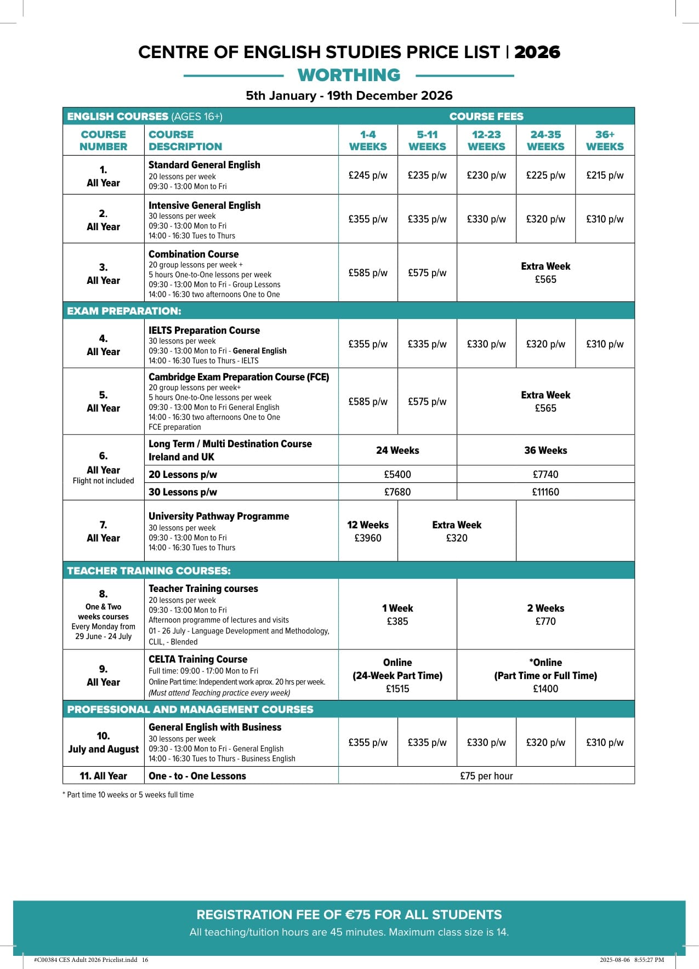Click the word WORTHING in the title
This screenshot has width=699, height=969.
[x=349, y=75]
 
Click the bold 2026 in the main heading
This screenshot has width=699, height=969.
[x=537, y=52]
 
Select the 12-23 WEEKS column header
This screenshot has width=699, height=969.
[x=486, y=140]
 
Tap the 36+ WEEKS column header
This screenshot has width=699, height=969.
[x=605, y=140]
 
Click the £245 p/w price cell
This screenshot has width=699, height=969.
[x=368, y=175]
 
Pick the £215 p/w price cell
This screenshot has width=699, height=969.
[x=605, y=175]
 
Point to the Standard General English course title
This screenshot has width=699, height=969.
[x=204, y=165]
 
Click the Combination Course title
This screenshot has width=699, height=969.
[x=194, y=254]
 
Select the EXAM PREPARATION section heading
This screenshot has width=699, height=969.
[x=124, y=311]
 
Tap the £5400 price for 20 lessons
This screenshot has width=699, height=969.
[x=397, y=475]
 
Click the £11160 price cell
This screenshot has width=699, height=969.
[x=545, y=492]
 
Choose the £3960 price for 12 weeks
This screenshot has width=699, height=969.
[x=368, y=538]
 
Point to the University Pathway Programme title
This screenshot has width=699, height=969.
[x=219, y=516]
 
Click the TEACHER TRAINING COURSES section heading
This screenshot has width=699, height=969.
[x=149, y=571]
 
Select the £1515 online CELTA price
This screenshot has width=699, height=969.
[x=397, y=689]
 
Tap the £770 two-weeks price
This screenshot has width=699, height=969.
[x=545, y=622]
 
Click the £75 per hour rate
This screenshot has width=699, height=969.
[x=486, y=776]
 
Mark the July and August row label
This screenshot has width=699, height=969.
[x=104, y=749]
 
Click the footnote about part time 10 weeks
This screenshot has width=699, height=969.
[x=128, y=795]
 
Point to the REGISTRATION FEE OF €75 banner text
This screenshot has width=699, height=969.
[x=349, y=915]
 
